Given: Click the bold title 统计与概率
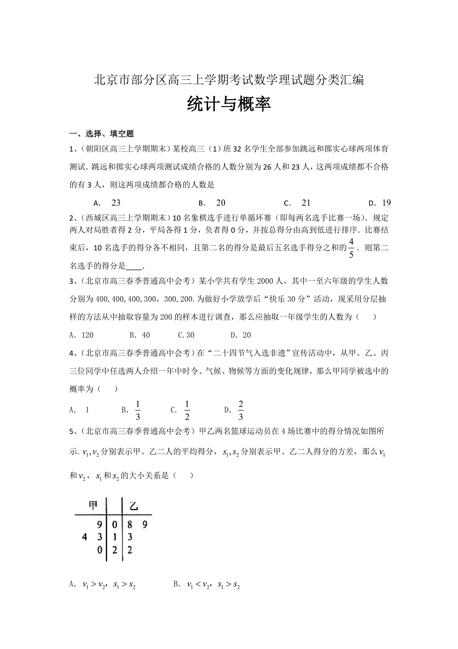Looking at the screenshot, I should point(229,104).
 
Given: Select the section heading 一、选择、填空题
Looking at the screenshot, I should point(102,133).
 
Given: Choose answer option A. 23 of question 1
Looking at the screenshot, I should point(107,203).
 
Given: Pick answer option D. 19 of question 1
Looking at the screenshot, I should point(379,203).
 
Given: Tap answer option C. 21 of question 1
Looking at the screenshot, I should point(297,203).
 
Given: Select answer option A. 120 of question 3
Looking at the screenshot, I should point(82,335).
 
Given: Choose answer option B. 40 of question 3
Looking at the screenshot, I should point(139,335).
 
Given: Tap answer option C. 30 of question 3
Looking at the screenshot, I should point(186,335).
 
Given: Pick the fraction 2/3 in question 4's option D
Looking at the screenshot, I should point(241,410).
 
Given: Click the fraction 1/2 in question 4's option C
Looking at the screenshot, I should point(187,410).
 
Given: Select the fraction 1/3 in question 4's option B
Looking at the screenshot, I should point(138,410).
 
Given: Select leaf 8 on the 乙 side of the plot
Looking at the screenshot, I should point(130,524).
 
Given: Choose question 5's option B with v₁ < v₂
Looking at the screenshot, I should point(207,586).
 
